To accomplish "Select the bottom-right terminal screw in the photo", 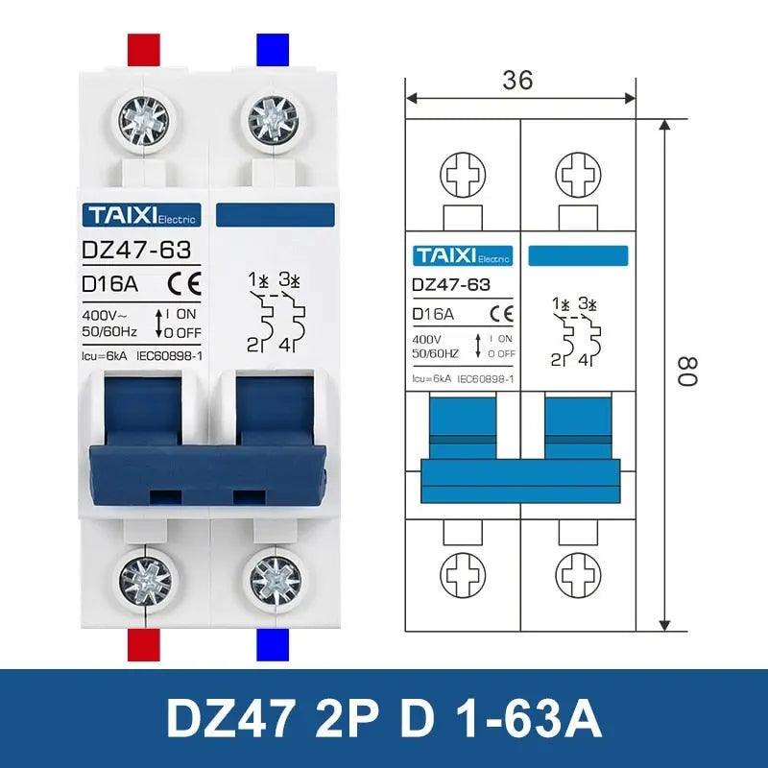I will (x=275, y=581).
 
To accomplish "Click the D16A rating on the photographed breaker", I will (x=110, y=283).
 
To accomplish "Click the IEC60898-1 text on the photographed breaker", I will (x=169, y=355).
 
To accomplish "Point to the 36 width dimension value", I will (x=517, y=81).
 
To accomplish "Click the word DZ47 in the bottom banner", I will (x=228, y=717).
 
